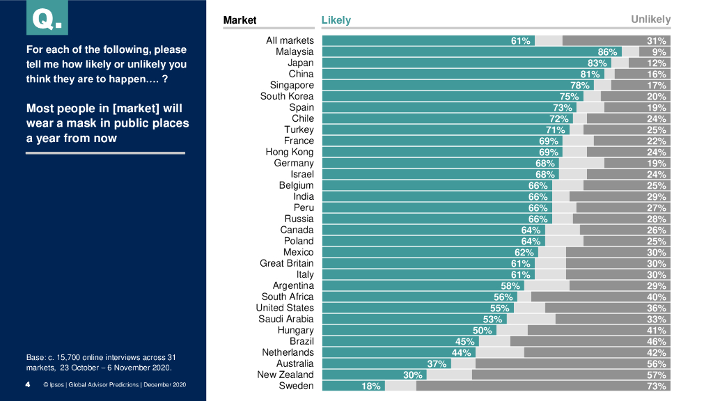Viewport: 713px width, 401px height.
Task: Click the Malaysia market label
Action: (295, 52)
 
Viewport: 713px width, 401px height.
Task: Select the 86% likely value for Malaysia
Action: (607, 52)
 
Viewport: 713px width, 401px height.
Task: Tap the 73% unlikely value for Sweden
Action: (657, 386)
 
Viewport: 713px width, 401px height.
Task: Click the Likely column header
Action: (336, 20)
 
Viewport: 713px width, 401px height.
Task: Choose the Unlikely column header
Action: (650, 19)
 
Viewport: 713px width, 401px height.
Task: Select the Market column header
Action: (240, 20)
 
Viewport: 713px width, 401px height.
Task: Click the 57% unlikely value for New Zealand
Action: (657, 375)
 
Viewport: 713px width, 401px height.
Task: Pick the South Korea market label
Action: (287, 96)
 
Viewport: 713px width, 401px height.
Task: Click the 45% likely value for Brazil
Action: (465, 342)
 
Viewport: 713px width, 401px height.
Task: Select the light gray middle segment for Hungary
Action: (512, 331)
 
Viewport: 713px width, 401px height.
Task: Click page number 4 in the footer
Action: (27, 384)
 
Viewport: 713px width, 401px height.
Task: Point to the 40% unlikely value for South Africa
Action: (657, 297)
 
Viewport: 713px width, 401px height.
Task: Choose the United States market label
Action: (285, 308)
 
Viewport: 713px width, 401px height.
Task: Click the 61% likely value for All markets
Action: (521, 41)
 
